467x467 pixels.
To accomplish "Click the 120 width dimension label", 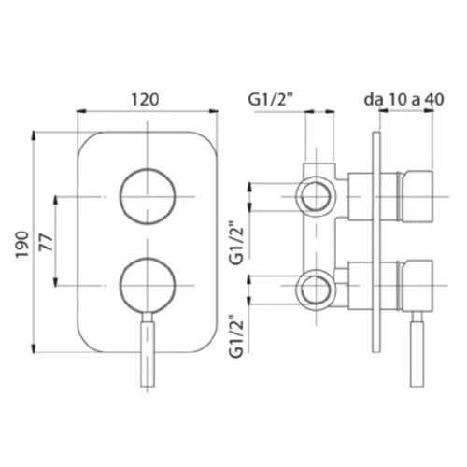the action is tap(145, 100).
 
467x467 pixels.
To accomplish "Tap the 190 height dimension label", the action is tap(22, 244).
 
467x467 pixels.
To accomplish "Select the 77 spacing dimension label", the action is tap(47, 242).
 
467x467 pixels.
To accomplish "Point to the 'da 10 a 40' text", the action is tap(403, 100).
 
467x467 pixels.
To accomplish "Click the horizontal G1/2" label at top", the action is tap(271, 100).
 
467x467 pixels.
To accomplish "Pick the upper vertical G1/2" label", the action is tap(236, 243).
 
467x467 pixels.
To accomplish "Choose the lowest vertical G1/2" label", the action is tap(236, 336).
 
